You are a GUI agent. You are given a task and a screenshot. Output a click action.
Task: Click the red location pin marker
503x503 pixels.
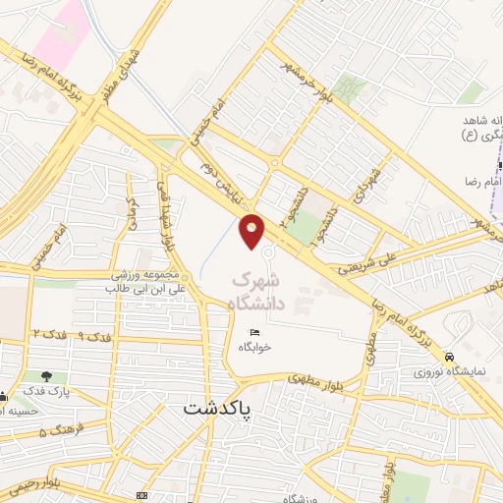(252, 231)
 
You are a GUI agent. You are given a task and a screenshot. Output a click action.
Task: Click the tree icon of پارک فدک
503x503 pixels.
(47, 375)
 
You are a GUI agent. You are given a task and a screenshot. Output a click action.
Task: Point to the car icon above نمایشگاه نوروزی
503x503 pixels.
(450, 357)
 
